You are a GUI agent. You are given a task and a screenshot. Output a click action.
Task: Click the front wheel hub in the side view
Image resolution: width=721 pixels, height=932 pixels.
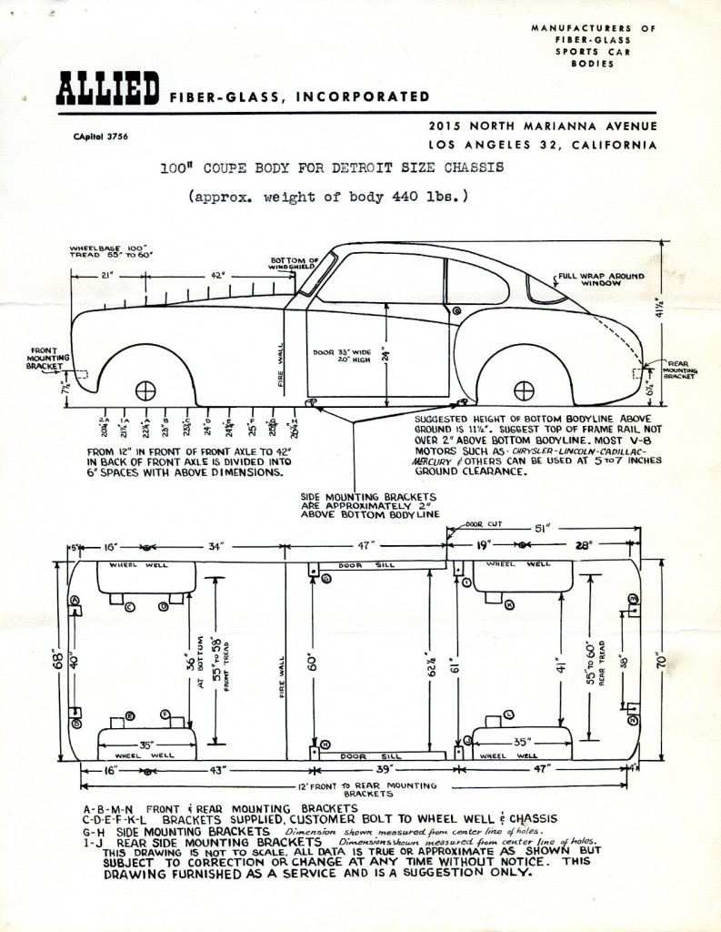pos(145,390)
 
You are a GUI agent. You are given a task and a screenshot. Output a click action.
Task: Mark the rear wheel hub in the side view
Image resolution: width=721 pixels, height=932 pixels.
pos(524,390)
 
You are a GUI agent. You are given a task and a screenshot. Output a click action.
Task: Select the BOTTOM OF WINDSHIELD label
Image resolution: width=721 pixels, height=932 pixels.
pos(294,263)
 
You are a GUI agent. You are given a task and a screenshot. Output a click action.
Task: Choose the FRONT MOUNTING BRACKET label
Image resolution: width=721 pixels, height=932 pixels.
pos(42,358)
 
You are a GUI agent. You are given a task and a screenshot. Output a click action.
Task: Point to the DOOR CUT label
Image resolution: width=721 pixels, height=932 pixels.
pos(481,525)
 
